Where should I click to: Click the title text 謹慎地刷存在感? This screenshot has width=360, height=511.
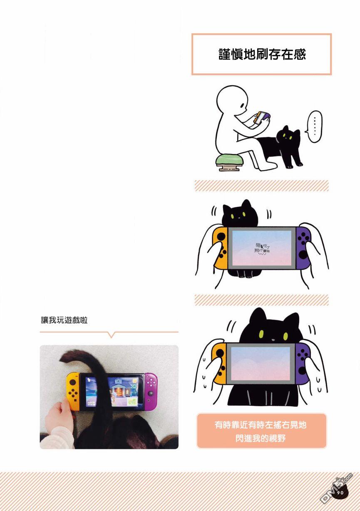(261, 55)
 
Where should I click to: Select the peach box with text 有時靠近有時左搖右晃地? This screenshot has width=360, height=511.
(261, 431)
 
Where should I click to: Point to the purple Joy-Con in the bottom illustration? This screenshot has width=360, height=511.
(303, 363)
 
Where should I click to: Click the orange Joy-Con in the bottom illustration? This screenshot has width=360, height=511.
(219, 363)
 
